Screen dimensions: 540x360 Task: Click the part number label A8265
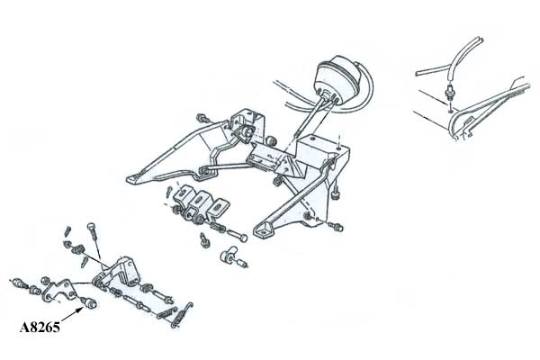pyautogui.click(x=40, y=327)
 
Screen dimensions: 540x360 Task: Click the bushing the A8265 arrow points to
pyautogui.click(x=91, y=303)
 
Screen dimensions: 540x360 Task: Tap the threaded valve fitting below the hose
pyautogui.click(x=449, y=92)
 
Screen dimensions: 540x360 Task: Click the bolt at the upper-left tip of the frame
pyautogui.click(x=202, y=118)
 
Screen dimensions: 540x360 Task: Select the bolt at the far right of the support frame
pyautogui.click(x=336, y=227)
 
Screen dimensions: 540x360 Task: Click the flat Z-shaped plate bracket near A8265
pyautogui.click(x=59, y=290)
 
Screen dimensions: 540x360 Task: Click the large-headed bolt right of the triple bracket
pyautogui.click(x=238, y=236)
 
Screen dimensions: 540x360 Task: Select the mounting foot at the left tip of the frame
pyautogui.click(x=135, y=179)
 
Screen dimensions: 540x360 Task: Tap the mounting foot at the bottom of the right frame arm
pyautogui.click(x=264, y=229)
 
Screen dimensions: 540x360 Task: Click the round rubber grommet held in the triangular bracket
pyautogui.click(x=247, y=132)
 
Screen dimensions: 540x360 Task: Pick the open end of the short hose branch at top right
pyautogui.click(x=417, y=74)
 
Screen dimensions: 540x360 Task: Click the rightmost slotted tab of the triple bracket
pyautogui.click(x=218, y=209)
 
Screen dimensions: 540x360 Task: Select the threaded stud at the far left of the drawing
pyautogui.click(x=19, y=283)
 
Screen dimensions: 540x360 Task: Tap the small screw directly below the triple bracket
pyautogui.click(x=204, y=240)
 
